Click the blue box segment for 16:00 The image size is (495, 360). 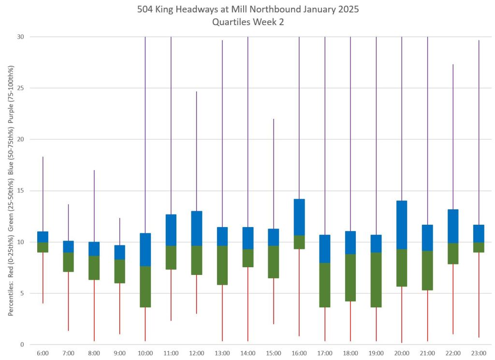(299, 217)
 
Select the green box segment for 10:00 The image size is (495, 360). (145, 287)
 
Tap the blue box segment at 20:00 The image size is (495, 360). (402, 225)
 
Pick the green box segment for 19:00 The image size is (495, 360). (376, 280)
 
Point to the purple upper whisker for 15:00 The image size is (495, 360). (274, 174)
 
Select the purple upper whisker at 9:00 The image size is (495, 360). (119, 231)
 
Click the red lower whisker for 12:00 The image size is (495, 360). (196, 294)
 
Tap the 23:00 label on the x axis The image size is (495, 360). (479, 353)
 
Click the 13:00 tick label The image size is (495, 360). (222, 353)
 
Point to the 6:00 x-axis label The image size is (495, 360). (43, 353)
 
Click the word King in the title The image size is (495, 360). (190, 9)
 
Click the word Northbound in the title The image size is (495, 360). (280, 9)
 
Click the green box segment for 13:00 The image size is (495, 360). (222, 265)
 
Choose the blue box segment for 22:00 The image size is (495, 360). (453, 226)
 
